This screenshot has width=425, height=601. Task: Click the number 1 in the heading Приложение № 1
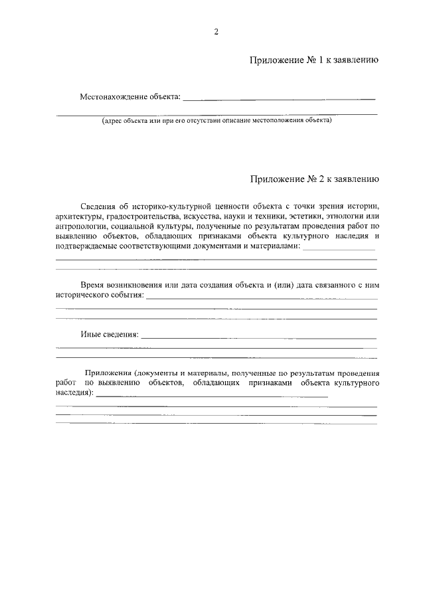(322, 60)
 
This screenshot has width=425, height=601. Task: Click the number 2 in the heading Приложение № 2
(323, 179)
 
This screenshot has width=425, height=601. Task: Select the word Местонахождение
(111, 97)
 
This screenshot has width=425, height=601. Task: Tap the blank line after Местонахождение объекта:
(279, 99)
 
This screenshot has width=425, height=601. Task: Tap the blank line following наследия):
(212, 395)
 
